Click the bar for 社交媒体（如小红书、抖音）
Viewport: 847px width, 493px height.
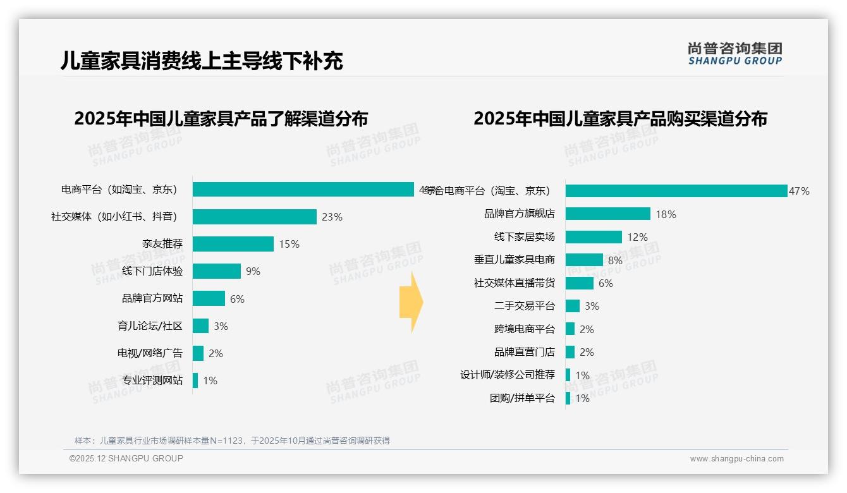point(254,217)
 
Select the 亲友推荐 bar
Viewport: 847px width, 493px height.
point(233,244)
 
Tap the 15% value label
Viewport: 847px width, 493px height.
point(289,244)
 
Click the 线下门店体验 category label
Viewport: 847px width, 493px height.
point(152,271)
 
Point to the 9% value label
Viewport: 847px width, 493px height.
point(253,271)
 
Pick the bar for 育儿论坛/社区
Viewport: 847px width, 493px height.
point(200,326)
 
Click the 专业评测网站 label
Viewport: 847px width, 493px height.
point(152,380)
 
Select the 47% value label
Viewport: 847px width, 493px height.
point(799,191)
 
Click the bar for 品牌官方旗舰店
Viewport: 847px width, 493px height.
point(607,214)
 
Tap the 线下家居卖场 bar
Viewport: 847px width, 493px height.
point(594,237)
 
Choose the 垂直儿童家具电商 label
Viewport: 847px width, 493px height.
point(514,260)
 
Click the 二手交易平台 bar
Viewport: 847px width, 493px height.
point(572,306)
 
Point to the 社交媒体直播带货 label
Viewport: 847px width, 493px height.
point(514,283)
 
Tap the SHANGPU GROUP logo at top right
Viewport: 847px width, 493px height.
point(734,54)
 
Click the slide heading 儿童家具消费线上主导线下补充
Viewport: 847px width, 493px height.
point(202,61)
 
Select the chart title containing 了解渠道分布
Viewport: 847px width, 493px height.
point(221,119)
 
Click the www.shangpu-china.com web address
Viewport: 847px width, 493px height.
point(736,459)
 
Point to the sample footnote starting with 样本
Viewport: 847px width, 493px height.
point(232,441)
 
